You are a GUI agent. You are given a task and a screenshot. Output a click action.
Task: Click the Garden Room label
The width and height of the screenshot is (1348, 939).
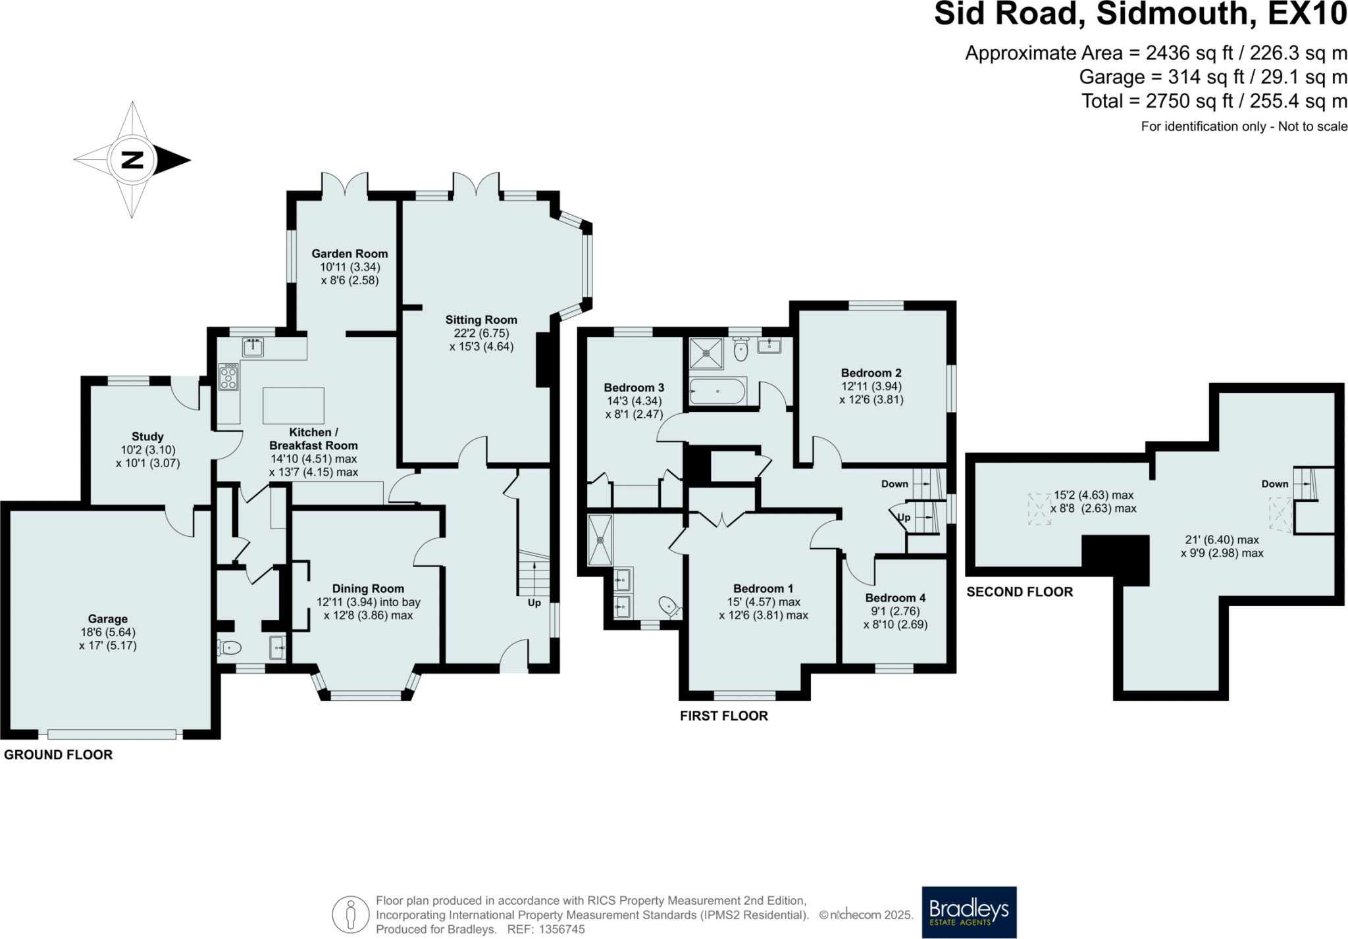350,253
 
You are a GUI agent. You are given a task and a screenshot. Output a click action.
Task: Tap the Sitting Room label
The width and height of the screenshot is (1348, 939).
481,320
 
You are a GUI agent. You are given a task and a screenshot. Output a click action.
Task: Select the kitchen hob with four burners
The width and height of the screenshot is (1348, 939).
228,376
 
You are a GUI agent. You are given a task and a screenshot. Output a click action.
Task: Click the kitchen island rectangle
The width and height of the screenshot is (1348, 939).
294,405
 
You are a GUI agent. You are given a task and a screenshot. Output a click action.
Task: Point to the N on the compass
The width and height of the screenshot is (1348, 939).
133,160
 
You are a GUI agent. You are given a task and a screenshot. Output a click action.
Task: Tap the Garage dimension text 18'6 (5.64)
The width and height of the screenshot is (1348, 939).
108,632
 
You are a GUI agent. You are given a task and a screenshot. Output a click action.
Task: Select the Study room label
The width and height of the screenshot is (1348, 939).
147,436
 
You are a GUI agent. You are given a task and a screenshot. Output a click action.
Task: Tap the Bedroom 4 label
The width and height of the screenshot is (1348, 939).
895,597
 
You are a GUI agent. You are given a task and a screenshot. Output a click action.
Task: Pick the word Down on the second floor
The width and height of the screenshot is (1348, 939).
1274,484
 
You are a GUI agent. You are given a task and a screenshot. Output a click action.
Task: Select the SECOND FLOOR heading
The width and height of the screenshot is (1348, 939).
1020,592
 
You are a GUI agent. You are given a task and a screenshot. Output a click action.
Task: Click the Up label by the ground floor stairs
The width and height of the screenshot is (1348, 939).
534,603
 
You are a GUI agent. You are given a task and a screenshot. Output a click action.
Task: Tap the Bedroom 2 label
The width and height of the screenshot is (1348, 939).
871,372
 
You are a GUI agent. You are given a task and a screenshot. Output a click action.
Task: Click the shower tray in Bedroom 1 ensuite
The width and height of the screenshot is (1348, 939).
600,540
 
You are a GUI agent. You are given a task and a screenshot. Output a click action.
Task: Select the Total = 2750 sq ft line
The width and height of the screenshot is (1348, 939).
1214,101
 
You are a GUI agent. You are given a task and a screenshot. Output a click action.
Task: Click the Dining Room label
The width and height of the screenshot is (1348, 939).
368,588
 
